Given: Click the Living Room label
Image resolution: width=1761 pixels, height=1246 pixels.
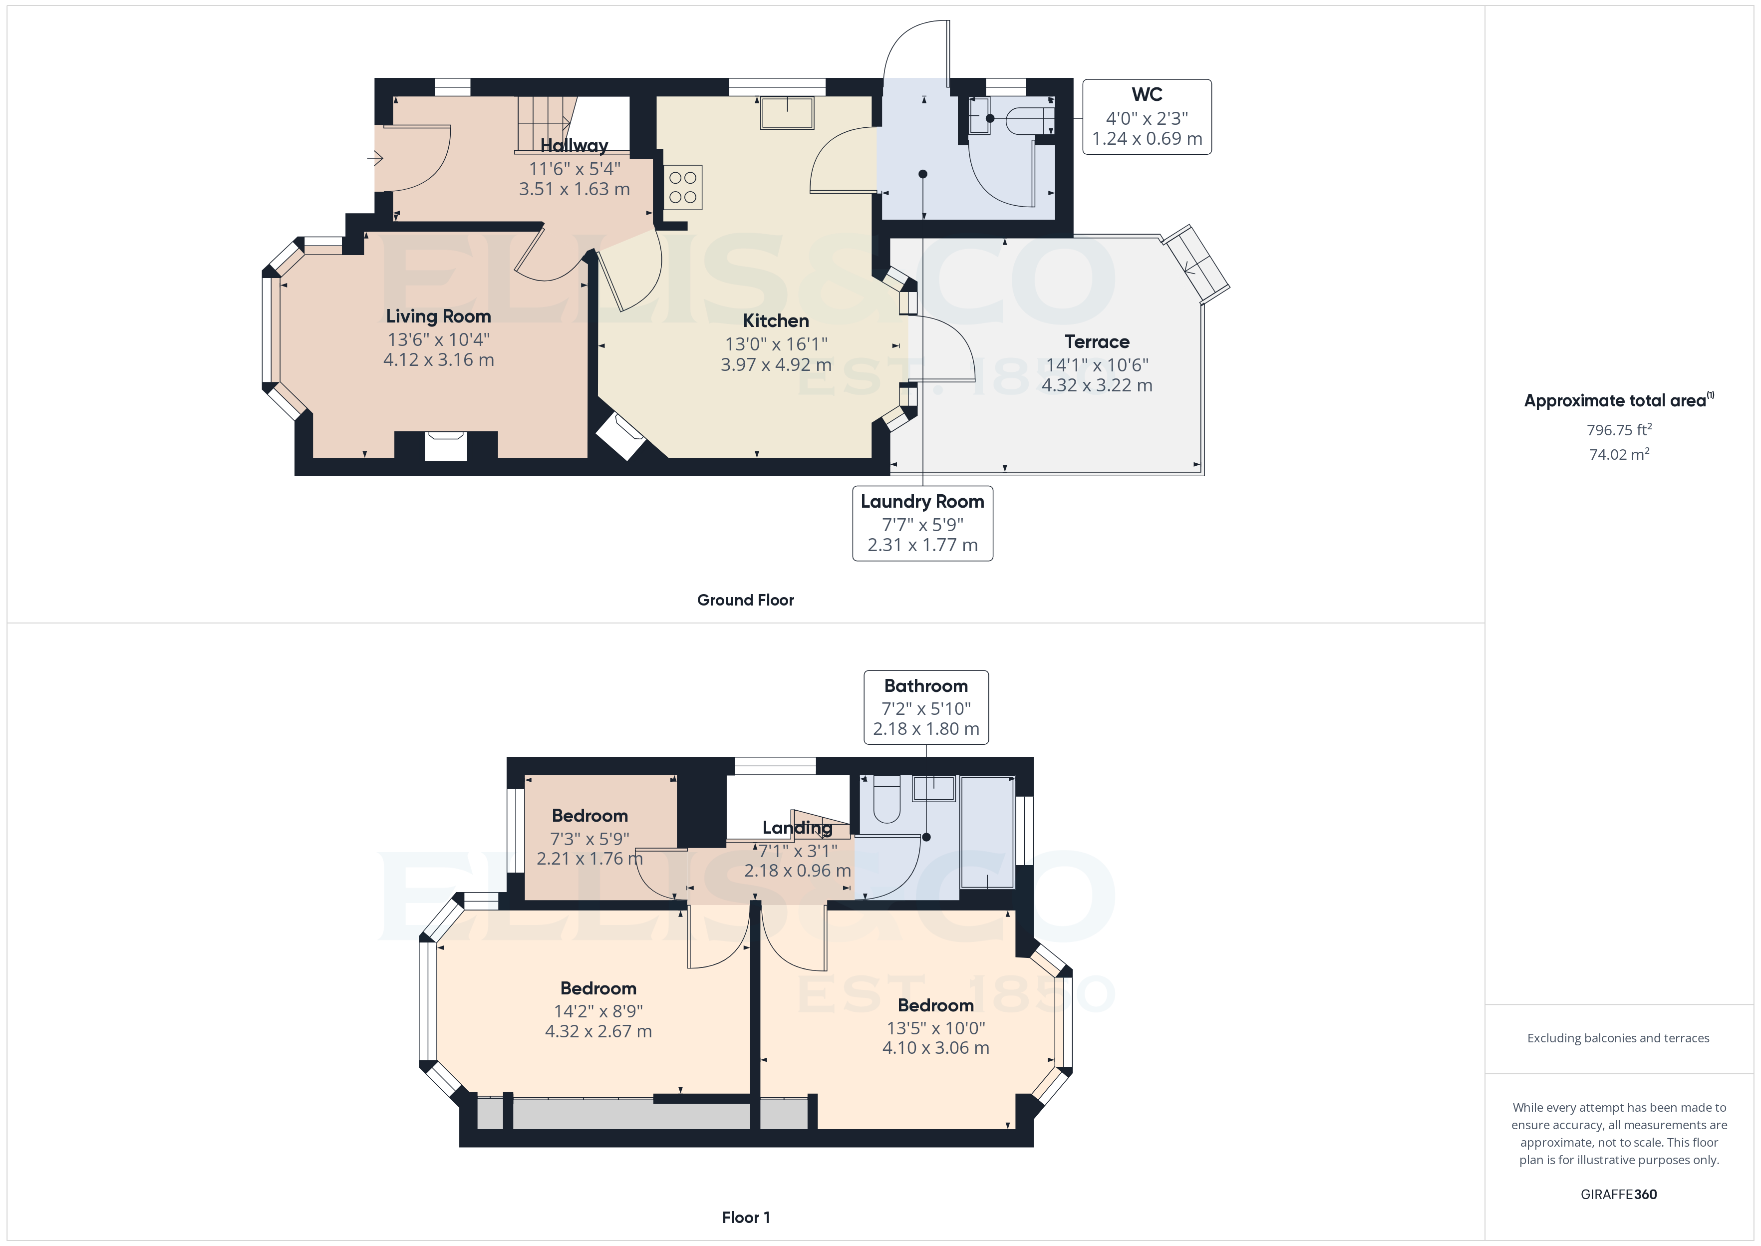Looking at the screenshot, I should click(x=438, y=316).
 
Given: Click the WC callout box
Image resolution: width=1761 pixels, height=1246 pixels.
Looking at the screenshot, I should click(x=1147, y=117).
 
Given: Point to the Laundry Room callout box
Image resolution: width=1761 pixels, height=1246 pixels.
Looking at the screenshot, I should click(x=922, y=523).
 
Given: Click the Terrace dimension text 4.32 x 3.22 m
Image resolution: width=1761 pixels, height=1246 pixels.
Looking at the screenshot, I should click(x=1097, y=385).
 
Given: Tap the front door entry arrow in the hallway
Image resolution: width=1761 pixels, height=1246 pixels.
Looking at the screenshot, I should click(x=375, y=159).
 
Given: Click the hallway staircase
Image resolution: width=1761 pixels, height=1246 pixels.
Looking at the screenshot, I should click(x=545, y=123).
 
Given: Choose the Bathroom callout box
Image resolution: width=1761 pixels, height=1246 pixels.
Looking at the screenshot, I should click(x=926, y=707).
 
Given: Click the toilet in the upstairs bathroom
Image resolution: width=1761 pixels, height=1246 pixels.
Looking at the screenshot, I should click(x=886, y=799).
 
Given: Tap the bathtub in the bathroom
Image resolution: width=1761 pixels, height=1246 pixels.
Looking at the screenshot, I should click(x=987, y=833).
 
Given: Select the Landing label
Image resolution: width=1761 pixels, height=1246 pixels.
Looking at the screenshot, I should click(x=797, y=827).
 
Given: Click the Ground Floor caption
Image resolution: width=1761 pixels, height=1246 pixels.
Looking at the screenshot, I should click(x=745, y=600).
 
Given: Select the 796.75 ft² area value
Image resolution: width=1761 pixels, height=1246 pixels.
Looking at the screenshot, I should click(x=1618, y=430).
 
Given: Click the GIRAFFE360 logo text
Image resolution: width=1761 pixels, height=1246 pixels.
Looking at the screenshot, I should click(x=1618, y=1194).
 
